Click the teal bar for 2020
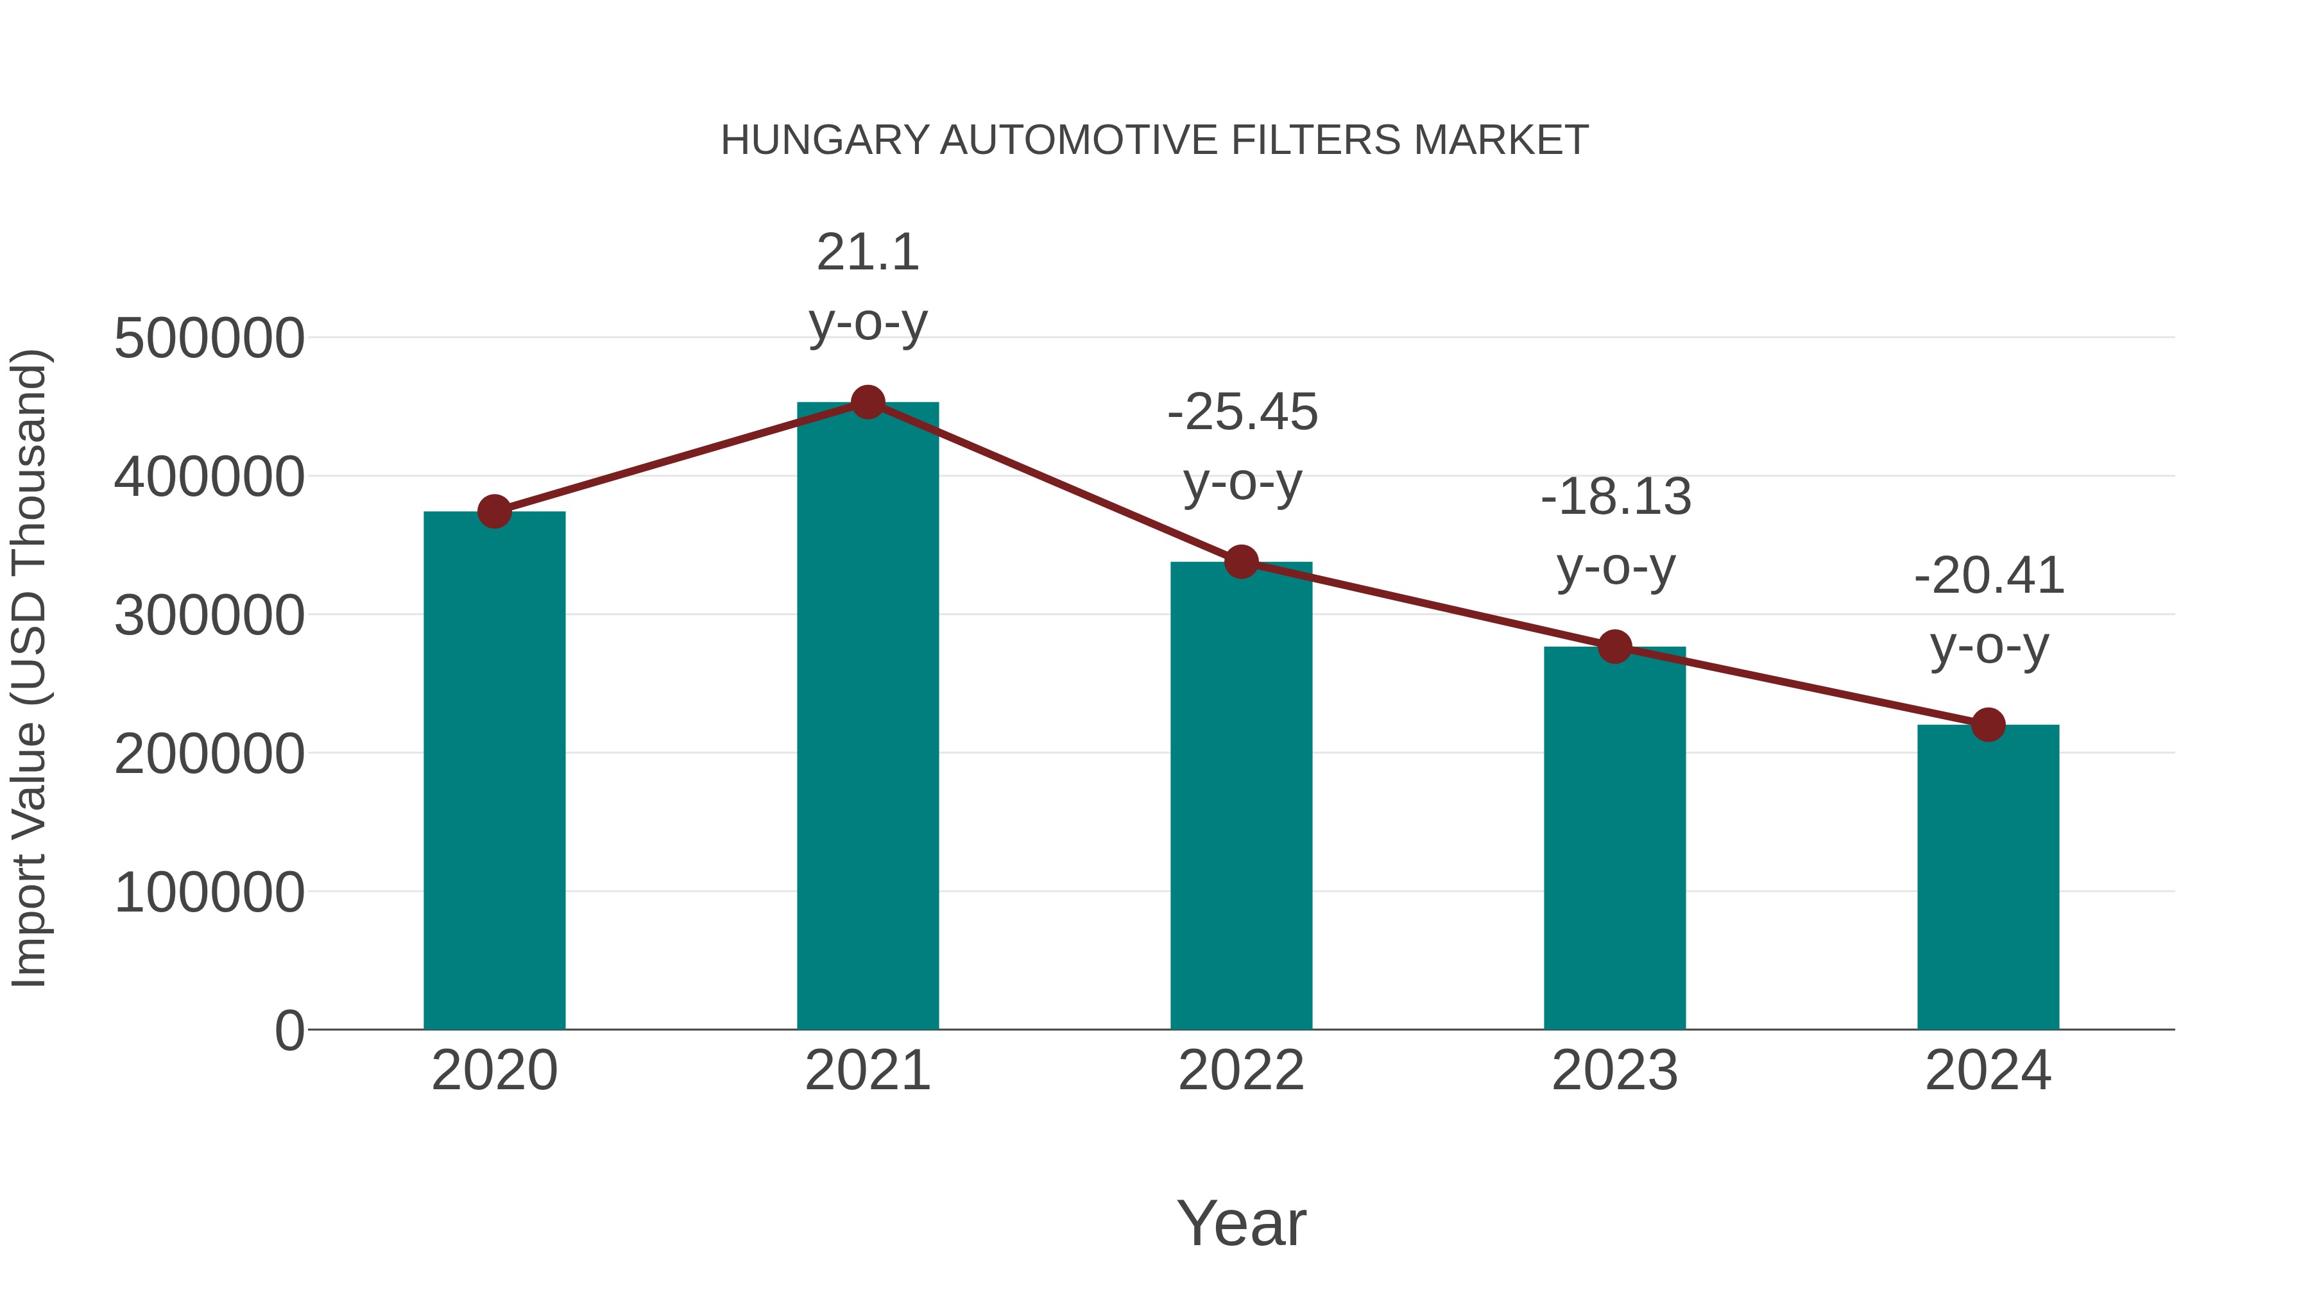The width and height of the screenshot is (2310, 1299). pyautogui.click(x=494, y=771)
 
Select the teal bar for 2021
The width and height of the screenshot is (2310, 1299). pyautogui.click(x=867, y=717)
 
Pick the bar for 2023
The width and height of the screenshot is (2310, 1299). pyautogui.click(x=1614, y=838)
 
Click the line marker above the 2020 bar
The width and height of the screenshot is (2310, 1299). pyautogui.click(x=494, y=512)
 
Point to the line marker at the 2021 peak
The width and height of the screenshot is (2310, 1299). pyautogui.click(x=867, y=402)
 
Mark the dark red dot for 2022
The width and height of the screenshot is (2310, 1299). pyautogui.click(x=1241, y=562)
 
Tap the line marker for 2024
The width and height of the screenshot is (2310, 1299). pyautogui.click(x=1988, y=724)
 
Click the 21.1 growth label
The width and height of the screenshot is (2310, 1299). pyautogui.click(x=867, y=253)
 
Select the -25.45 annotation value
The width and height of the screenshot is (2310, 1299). pyautogui.click(x=1242, y=413)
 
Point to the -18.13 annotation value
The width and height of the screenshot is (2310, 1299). pyautogui.click(x=1615, y=498)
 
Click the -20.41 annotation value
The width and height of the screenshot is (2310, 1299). pyautogui.click(x=1989, y=577)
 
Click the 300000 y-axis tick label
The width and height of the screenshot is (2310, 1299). pyautogui.click(x=209, y=616)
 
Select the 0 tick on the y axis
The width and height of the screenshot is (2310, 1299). pyautogui.click(x=289, y=1031)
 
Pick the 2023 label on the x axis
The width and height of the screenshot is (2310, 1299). pyautogui.click(x=1614, y=1071)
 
